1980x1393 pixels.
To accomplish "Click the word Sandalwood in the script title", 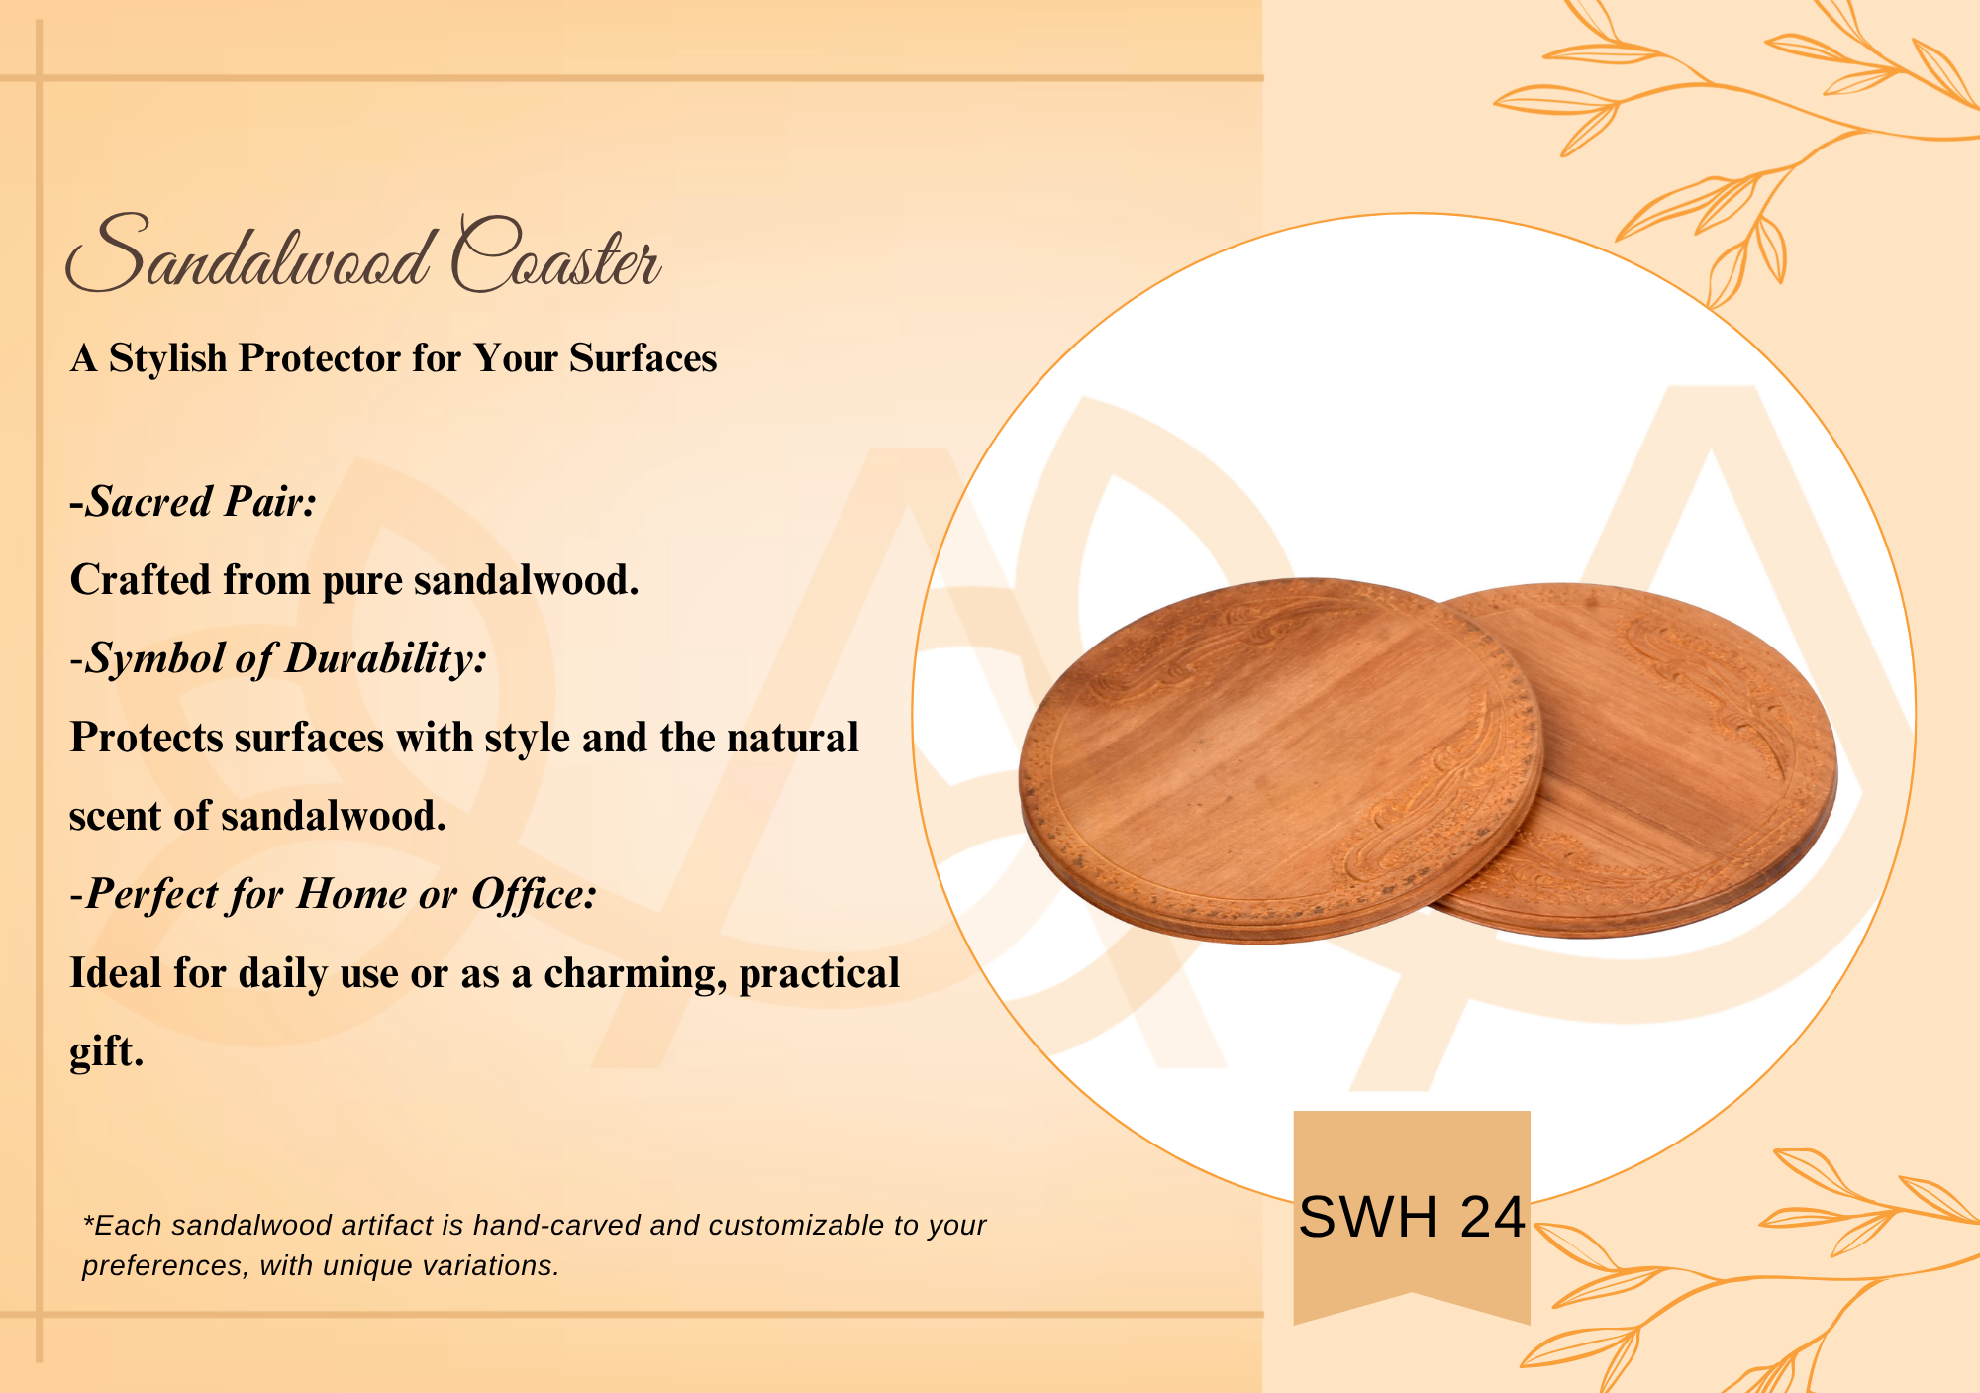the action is tap(248, 253).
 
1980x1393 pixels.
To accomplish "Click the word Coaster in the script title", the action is tap(556, 253).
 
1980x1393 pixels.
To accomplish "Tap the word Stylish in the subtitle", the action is tap(167, 358).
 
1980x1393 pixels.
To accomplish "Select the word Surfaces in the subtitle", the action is tap(643, 358).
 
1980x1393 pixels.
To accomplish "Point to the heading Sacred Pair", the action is tap(193, 502).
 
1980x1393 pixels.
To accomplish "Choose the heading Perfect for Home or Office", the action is tap(334, 895).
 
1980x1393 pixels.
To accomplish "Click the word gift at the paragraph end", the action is tap(106, 1052).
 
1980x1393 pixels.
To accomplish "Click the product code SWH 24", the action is tap(1412, 1217).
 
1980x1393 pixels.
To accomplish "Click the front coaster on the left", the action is tap(1280, 760).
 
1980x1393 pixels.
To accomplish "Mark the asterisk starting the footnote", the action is tap(88, 1220).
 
